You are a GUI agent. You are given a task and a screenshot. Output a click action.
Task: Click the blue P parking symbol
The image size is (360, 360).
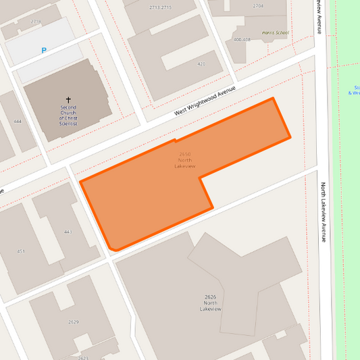tap(44, 50)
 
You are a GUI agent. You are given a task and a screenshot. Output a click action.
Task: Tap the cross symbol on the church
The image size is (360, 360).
tap(68, 99)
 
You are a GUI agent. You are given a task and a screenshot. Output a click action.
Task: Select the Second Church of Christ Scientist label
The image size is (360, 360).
tap(68, 115)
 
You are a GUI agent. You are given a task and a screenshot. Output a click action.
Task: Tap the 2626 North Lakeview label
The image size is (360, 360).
tap(211, 303)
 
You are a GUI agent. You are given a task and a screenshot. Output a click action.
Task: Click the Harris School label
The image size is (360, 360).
tap(276, 32)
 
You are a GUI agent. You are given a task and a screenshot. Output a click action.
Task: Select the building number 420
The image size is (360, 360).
tap(201, 64)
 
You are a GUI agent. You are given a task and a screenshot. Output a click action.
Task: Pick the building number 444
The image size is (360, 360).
tap(17, 122)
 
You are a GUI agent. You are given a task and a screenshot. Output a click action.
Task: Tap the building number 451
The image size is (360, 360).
tap(21, 251)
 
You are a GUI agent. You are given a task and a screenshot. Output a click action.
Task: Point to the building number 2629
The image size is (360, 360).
tap(74, 322)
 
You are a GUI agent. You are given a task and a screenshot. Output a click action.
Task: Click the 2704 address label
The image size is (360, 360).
tap(258, 5)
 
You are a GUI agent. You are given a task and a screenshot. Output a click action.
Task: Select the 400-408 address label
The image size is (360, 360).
tap(242, 39)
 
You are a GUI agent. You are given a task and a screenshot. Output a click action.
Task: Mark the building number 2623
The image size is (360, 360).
tap(83, 357)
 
